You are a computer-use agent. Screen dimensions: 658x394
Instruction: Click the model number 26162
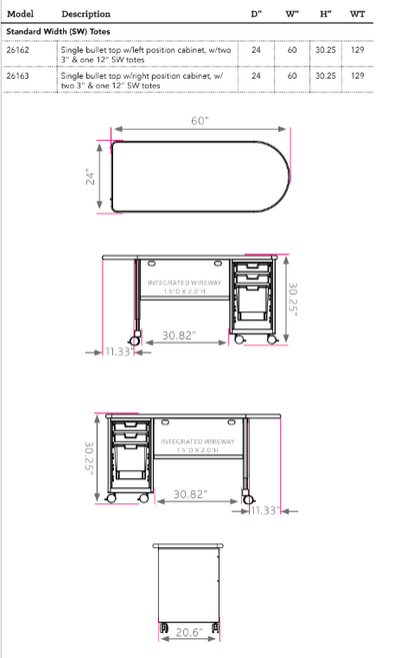pyautogui.click(x=18, y=49)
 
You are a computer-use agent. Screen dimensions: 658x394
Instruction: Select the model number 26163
pyautogui.click(x=18, y=75)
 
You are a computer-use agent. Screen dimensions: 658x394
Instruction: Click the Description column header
pyautogui.click(x=86, y=14)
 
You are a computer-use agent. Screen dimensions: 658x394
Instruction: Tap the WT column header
pyautogui.click(x=358, y=14)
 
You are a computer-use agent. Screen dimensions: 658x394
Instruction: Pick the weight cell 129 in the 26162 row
pyautogui.click(x=358, y=49)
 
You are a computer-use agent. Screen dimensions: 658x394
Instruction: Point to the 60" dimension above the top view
pyautogui.click(x=200, y=121)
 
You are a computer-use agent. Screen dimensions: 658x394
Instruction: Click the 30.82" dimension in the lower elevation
pyautogui.click(x=189, y=493)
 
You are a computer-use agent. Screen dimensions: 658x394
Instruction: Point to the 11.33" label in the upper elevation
pyautogui.click(x=119, y=351)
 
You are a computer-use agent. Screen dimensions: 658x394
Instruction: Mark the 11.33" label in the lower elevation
pyautogui.click(x=265, y=511)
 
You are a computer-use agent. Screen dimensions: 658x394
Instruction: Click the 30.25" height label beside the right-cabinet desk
pyautogui.click(x=293, y=296)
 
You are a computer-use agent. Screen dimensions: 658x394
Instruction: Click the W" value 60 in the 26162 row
pyautogui.click(x=292, y=49)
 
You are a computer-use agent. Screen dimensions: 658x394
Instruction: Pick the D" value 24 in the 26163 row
pyautogui.click(x=257, y=75)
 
